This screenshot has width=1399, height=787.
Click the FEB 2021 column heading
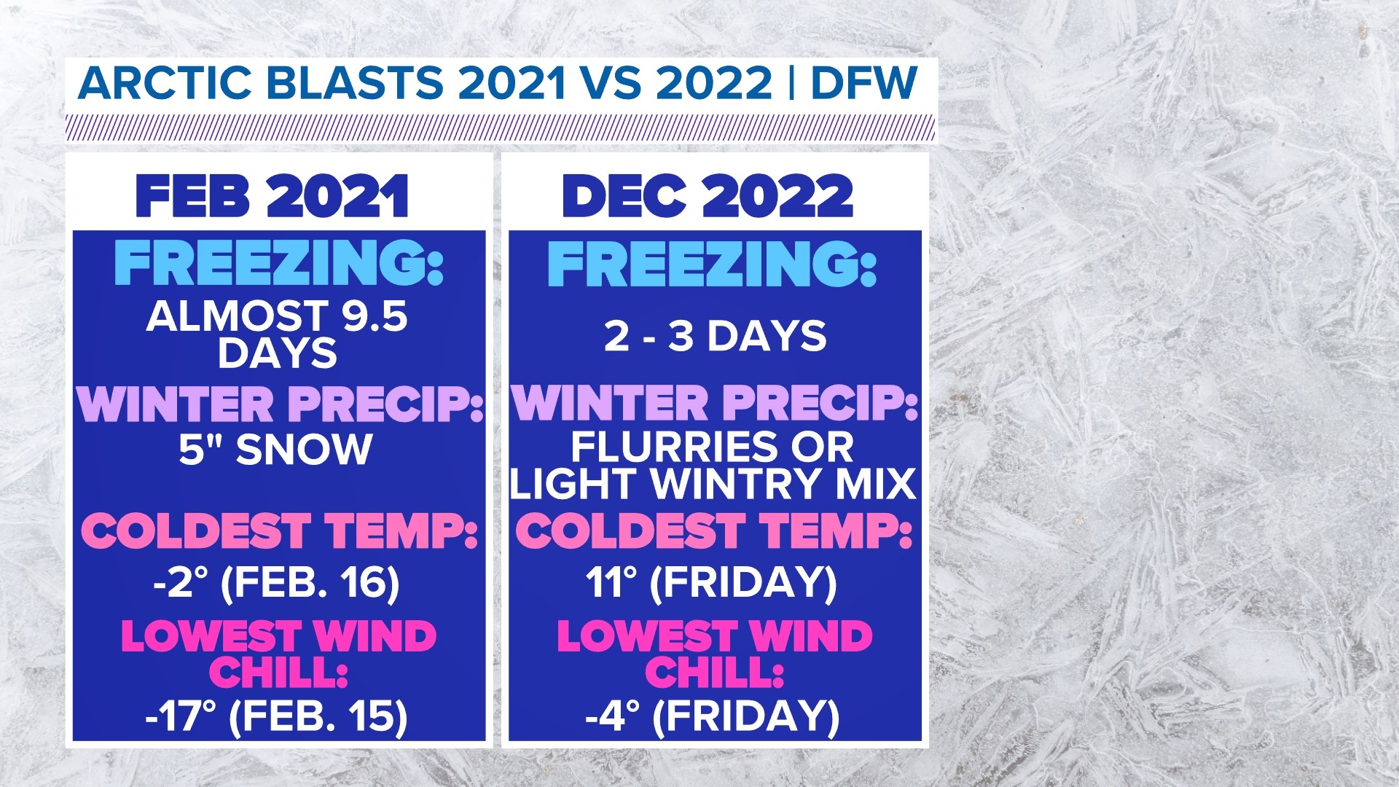[272, 197]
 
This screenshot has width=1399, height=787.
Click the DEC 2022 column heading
[708, 197]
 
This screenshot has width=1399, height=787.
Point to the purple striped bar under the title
[501, 127]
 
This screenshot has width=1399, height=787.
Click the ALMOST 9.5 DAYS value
[277, 334]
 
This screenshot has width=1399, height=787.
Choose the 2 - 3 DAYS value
[715, 337]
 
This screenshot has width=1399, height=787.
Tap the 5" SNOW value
[275, 449]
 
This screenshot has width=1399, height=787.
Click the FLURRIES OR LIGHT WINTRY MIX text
[713, 466]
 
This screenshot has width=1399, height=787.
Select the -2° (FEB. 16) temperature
[277, 583]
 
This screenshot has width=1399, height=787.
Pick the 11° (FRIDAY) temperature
[711, 583]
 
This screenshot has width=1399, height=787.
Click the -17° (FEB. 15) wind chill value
[276, 716]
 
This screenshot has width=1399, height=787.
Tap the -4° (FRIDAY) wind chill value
[713, 716]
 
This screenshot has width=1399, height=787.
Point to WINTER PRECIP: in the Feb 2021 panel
[281, 404]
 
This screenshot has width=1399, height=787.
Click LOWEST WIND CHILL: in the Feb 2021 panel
[278, 654]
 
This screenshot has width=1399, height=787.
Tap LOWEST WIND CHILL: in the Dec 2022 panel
[714, 654]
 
